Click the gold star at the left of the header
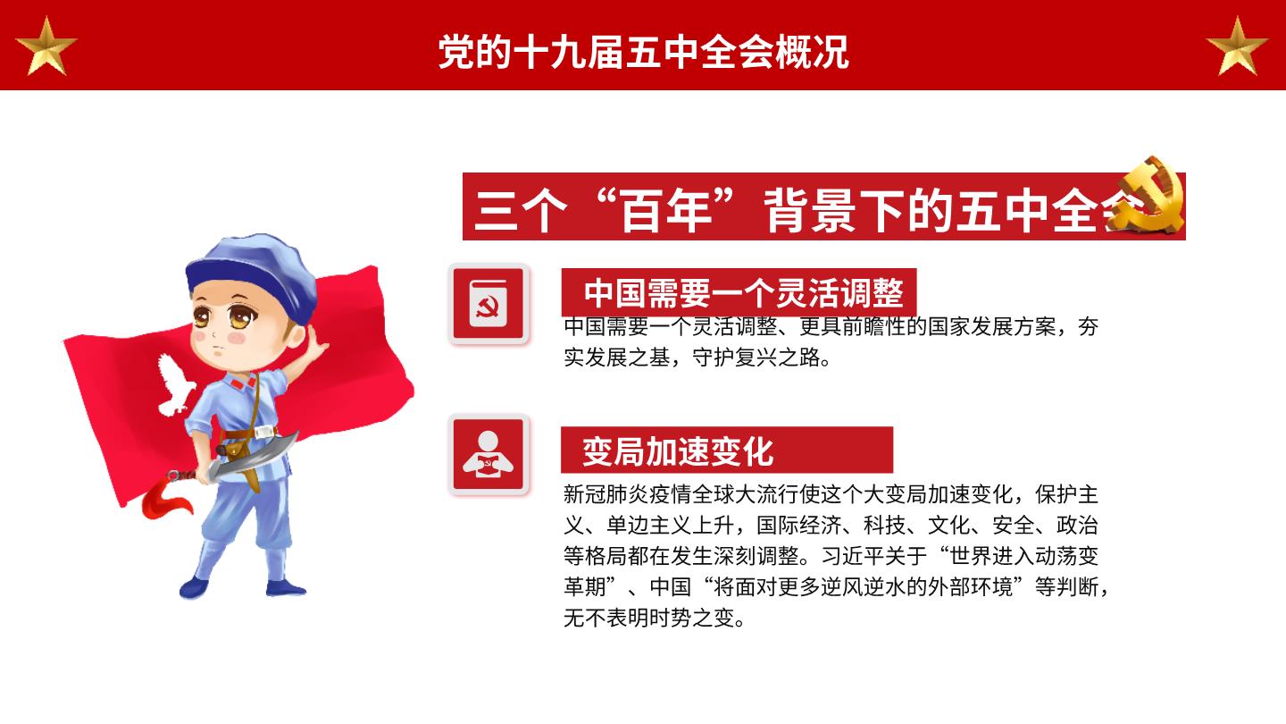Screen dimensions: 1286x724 coord(46,47)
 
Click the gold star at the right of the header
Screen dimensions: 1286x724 coord(1237,47)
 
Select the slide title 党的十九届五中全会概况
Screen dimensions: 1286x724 coord(643,52)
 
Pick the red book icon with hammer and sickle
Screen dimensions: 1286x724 coord(489,303)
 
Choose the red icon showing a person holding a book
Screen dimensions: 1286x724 coord(489,454)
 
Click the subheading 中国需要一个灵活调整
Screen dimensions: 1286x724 coord(743,293)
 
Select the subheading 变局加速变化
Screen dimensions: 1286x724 coord(678,451)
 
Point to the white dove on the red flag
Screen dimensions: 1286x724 coord(175,385)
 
